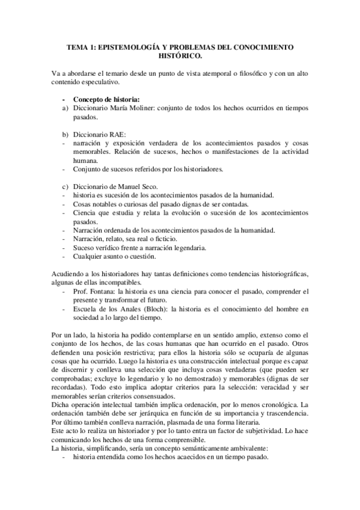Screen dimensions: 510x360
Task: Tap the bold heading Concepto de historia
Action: (107, 99)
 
